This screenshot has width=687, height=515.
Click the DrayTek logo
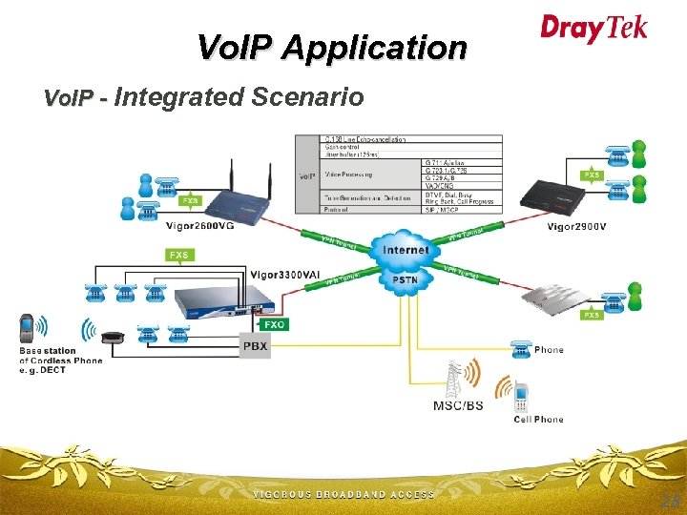point(593,28)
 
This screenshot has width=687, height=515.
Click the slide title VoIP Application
point(331,47)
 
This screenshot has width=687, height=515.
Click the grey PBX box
point(255,345)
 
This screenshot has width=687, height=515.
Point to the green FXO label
point(274,324)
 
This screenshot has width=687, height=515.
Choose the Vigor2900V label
point(576,226)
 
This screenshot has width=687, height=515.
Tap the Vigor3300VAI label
point(285,275)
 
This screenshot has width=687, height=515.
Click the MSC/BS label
point(458,405)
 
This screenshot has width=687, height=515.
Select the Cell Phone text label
point(538,420)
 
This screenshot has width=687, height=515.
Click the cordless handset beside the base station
point(28,329)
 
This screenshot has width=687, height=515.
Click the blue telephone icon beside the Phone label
point(521,349)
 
